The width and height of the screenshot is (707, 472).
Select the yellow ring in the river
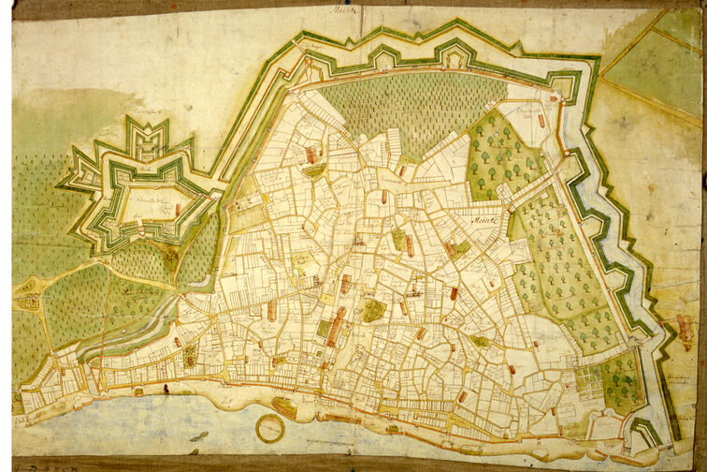pos(271,428)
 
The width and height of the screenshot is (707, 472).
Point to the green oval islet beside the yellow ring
pos(284,407)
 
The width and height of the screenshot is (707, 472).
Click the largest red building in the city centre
pos(336,327)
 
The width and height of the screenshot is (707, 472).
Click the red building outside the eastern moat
pos(685,327)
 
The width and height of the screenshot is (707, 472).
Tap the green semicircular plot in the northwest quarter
pos(314,170)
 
